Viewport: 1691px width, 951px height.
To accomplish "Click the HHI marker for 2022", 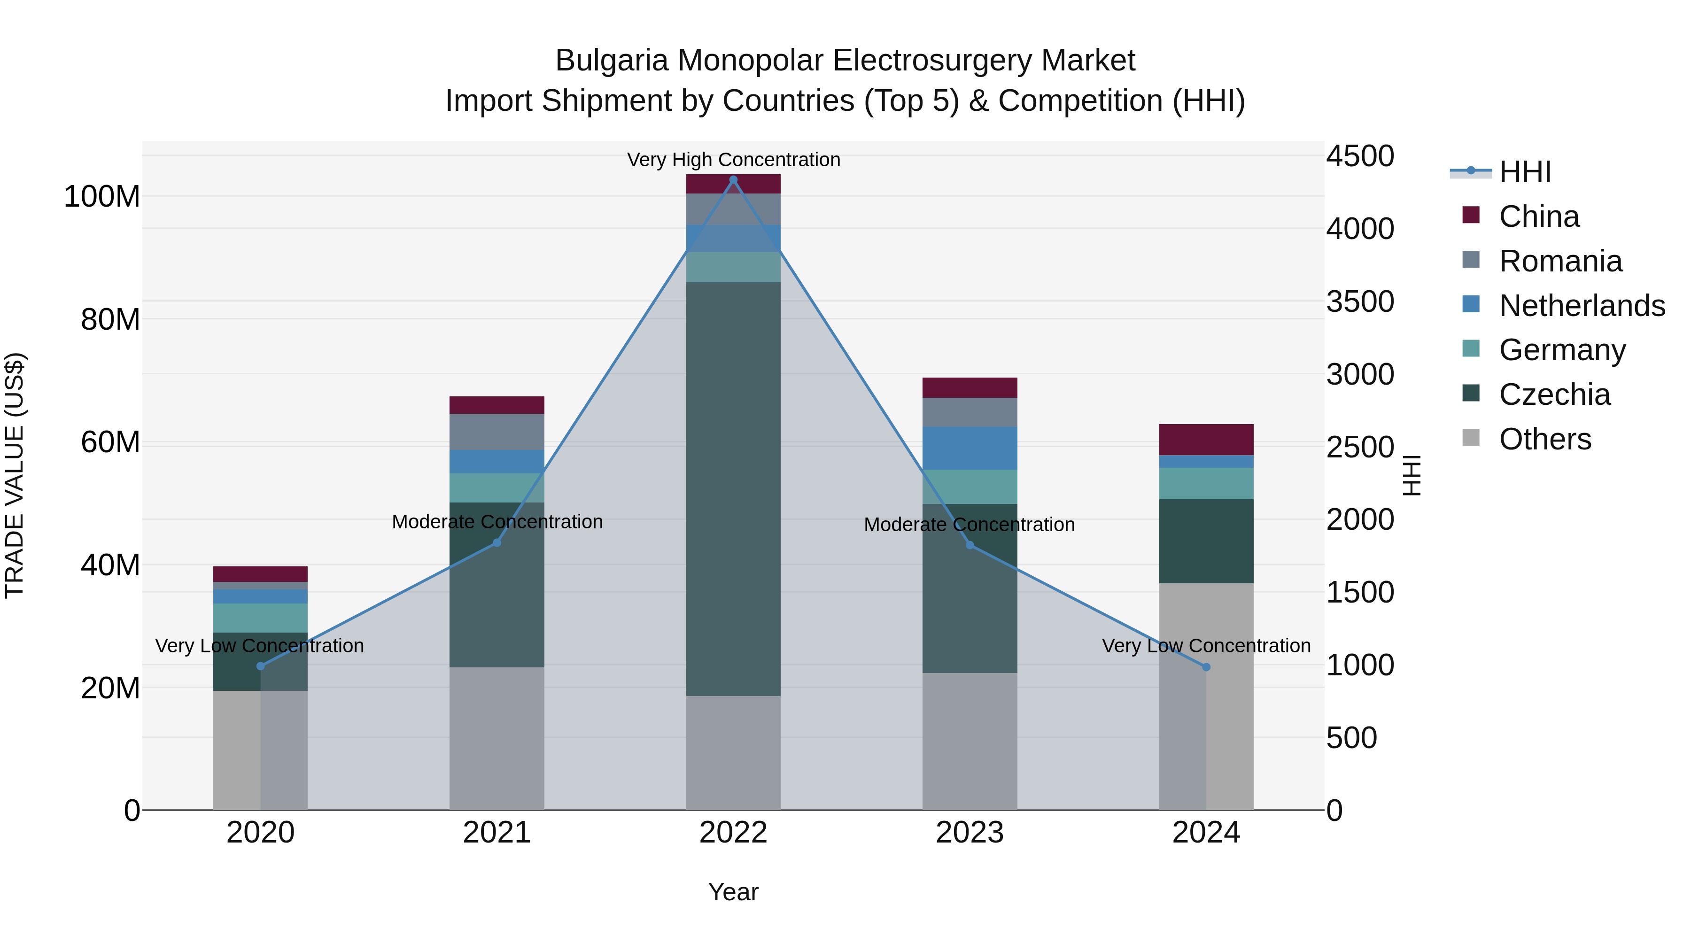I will pos(733,180).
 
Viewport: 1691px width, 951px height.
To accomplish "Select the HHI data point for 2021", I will pos(497,543).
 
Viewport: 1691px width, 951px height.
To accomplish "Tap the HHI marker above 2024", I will pos(1206,667).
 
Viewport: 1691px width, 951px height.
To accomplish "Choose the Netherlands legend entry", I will pos(1582,306).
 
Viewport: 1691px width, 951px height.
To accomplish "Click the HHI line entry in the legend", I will pos(1524,172).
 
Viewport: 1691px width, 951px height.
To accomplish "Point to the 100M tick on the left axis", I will pos(102,197).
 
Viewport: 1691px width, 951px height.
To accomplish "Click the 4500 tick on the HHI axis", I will pos(1359,156).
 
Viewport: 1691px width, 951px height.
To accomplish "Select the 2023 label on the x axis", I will pos(970,833).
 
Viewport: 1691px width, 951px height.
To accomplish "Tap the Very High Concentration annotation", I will pos(733,160).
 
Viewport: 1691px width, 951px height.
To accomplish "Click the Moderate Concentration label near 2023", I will pos(969,525).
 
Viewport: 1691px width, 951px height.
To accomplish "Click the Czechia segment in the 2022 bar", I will pos(733,489).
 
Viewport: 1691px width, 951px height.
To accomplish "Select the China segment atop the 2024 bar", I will pos(1206,440).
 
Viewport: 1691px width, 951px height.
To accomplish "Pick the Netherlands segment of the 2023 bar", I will pos(970,448).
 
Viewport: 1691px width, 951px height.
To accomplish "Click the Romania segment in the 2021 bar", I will pos(497,432).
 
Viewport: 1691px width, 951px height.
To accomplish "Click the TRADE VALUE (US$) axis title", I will pos(15,475).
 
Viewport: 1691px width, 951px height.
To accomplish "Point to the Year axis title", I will pos(733,892).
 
